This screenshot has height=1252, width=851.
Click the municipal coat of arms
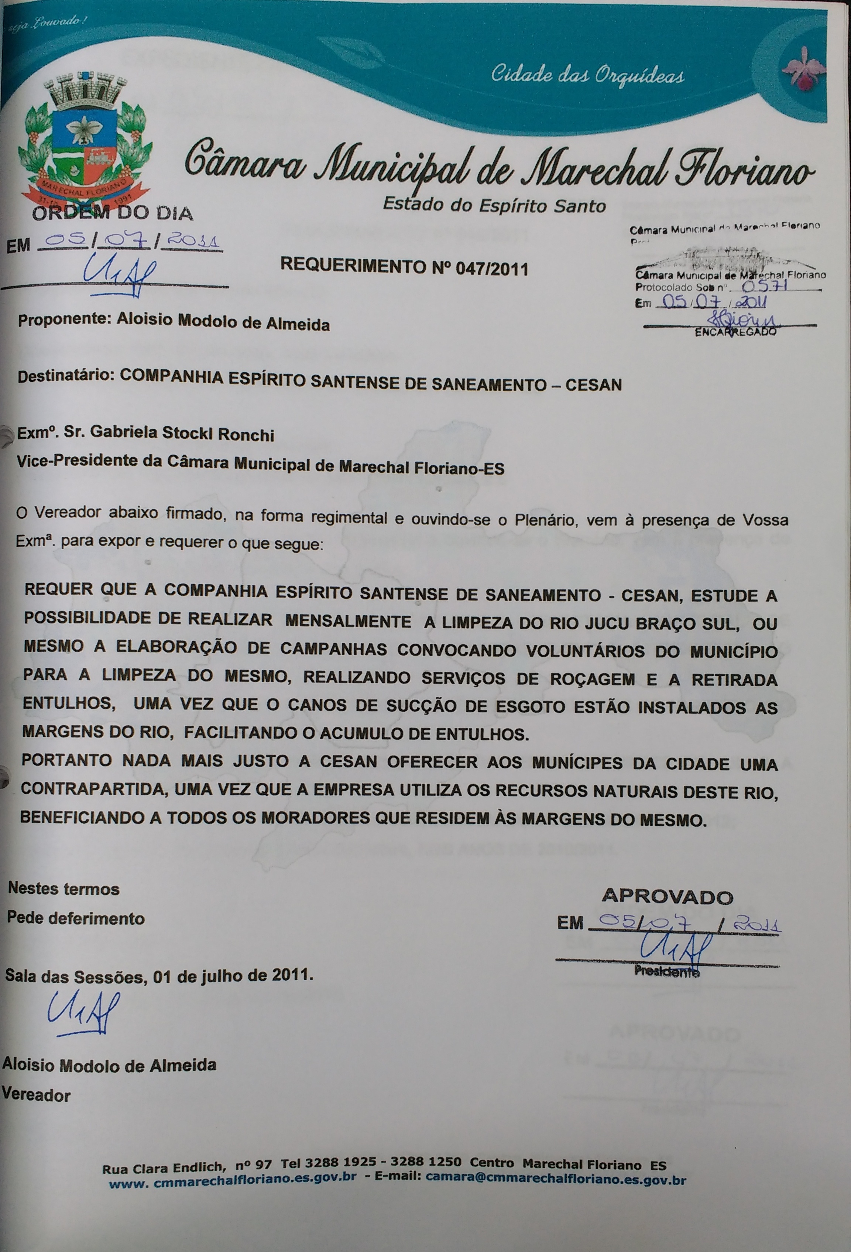[85, 144]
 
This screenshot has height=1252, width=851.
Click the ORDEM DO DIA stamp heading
[112, 214]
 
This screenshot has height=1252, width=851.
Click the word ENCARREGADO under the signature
[735, 332]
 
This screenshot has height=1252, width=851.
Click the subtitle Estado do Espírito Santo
[494, 205]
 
